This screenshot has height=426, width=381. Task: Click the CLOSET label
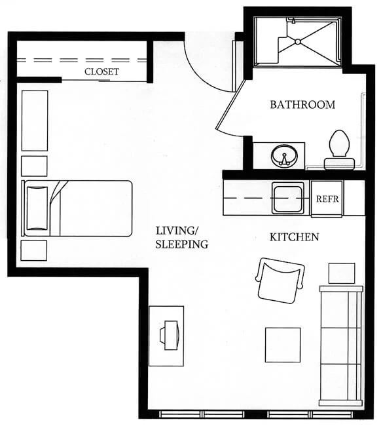[101, 71]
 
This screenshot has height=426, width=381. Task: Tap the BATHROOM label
[302, 105]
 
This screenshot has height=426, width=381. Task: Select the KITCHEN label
[294, 237]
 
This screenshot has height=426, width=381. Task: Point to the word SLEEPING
[182, 244]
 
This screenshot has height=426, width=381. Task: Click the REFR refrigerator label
[327, 199]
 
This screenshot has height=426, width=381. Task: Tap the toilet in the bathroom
[339, 150]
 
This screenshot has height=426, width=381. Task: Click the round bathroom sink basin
[284, 156]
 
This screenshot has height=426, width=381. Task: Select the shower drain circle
[298, 42]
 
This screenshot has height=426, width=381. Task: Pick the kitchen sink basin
[287, 197]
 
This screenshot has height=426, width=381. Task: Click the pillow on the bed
[37, 208]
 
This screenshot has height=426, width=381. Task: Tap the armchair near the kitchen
[280, 281]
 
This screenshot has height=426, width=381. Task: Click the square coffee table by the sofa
[283, 345]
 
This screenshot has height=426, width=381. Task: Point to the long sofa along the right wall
[341, 345]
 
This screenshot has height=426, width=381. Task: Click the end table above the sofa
[342, 273]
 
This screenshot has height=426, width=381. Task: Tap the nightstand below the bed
[33, 250]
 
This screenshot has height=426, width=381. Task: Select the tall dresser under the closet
[35, 121]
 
